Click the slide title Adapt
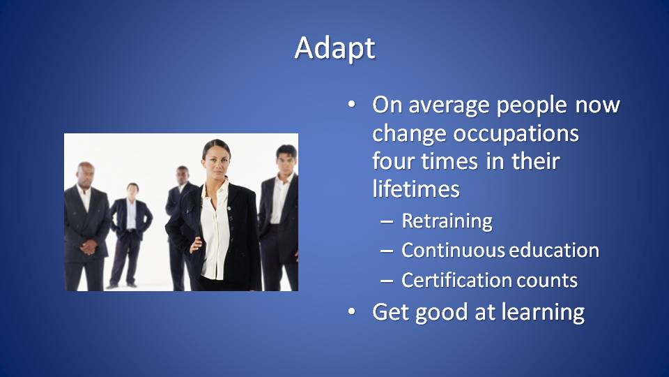335,48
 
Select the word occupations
516,135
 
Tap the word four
394,161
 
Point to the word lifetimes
416,188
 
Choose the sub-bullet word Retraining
447,222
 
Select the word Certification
456,281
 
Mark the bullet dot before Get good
351,311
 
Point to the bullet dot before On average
351,105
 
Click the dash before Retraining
387,222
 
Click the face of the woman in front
216,161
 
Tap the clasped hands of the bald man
89,247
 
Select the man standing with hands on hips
130,235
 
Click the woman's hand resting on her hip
195,245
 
